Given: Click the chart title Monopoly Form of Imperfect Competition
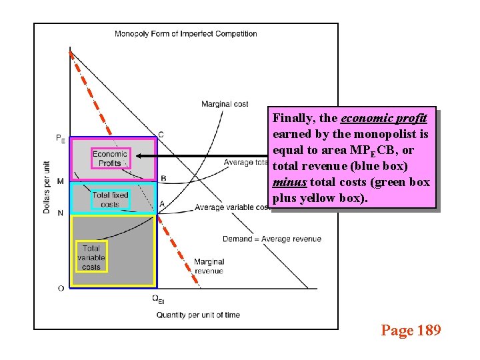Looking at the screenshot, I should pyautogui.click(x=186, y=34).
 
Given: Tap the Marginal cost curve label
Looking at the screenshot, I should pyautogui.click(x=225, y=104).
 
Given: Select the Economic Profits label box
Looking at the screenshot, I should pyautogui.click(x=110, y=159).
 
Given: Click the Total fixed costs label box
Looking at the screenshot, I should pyautogui.click(x=110, y=199).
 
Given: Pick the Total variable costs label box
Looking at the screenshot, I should pyautogui.click(x=91, y=258).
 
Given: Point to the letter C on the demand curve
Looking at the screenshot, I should pyautogui.click(x=161, y=135).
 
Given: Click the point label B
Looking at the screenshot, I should pyautogui.click(x=163, y=178).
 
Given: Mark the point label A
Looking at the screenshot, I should pyautogui.click(x=162, y=204).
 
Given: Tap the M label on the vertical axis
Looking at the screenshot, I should pyautogui.click(x=61, y=181).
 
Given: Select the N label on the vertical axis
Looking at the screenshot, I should pyautogui.click(x=61, y=213).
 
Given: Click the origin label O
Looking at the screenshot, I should pyautogui.click(x=61, y=288).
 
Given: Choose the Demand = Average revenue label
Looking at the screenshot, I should pyautogui.click(x=272, y=239).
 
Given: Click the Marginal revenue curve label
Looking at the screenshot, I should pyautogui.click(x=209, y=266).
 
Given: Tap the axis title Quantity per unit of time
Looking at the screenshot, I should pyautogui.click(x=198, y=315).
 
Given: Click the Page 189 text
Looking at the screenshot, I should pyautogui.click(x=411, y=329).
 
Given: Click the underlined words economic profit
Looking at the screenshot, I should pyautogui.click(x=383, y=118).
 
